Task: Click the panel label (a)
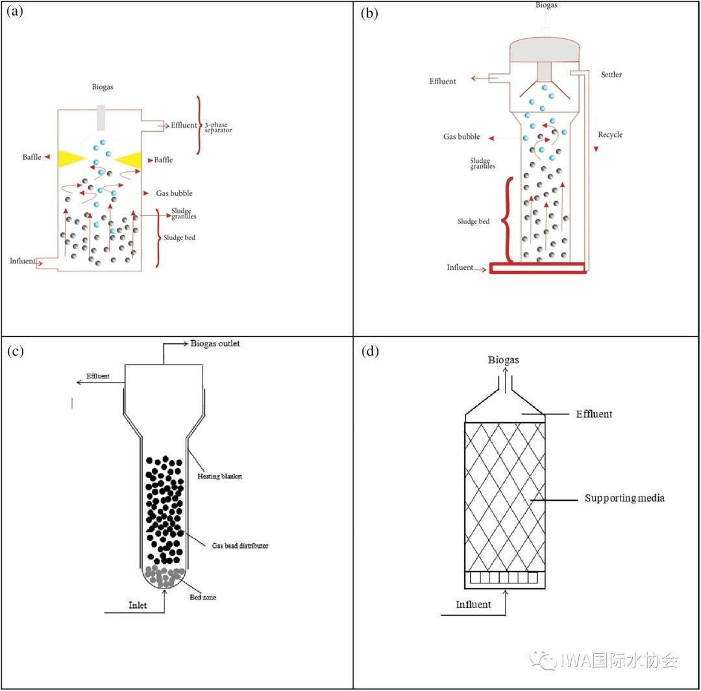(x=15, y=13)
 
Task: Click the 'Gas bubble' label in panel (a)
(x=174, y=193)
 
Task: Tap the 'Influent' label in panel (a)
(x=23, y=261)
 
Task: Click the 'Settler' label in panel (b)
(x=611, y=75)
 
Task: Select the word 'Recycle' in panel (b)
(x=610, y=135)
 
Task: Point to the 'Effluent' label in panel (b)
(x=443, y=82)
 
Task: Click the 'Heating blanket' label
(x=219, y=476)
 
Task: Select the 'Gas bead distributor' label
(x=240, y=546)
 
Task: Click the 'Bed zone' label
(x=203, y=597)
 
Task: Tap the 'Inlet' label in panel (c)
(x=138, y=605)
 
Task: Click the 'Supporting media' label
(x=624, y=498)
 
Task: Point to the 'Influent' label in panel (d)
(x=473, y=605)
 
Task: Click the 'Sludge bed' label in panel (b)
(x=473, y=222)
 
